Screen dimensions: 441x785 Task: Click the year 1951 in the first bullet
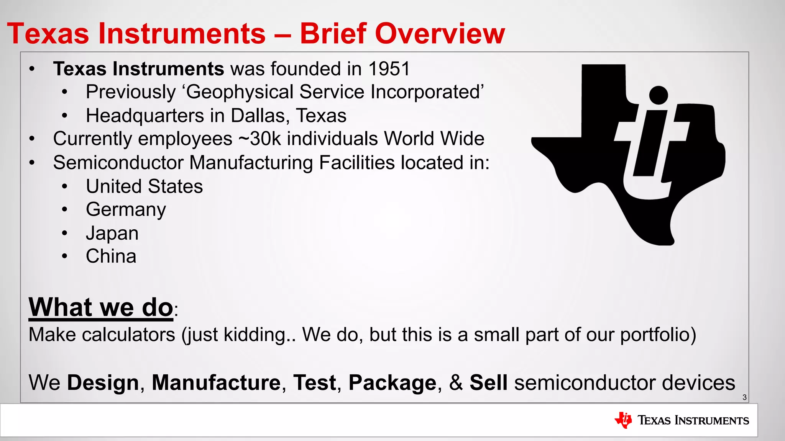(x=389, y=69)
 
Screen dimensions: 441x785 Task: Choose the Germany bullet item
(x=126, y=210)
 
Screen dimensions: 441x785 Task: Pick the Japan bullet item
(x=112, y=233)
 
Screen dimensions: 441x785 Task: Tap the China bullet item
(x=111, y=256)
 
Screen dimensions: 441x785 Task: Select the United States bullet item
(x=144, y=186)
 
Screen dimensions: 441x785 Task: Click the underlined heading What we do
(x=101, y=307)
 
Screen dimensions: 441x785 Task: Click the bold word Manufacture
(x=216, y=383)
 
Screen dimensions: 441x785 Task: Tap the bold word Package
(x=392, y=383)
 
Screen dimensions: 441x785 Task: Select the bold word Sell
(x=488, y=383)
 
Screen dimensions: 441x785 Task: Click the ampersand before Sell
(x=456, y=383)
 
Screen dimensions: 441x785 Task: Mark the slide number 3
(x=744, y=397)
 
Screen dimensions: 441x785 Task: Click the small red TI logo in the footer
(x=623, y=420)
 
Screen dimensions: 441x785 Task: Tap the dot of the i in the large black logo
(x=659, y=95)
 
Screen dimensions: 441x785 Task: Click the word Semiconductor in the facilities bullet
(x=118, y=163)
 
